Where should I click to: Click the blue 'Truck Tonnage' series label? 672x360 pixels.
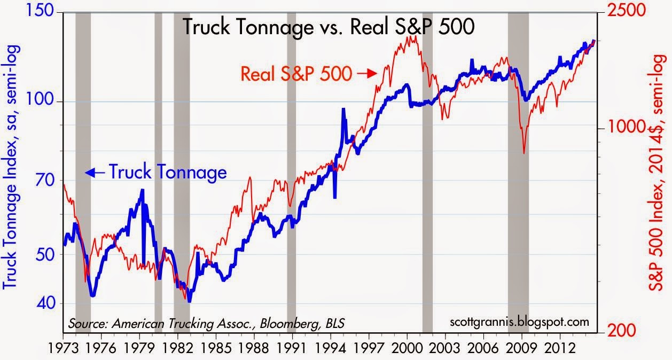tap(168, 173)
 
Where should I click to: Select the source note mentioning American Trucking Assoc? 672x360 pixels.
tap(206, 323)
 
